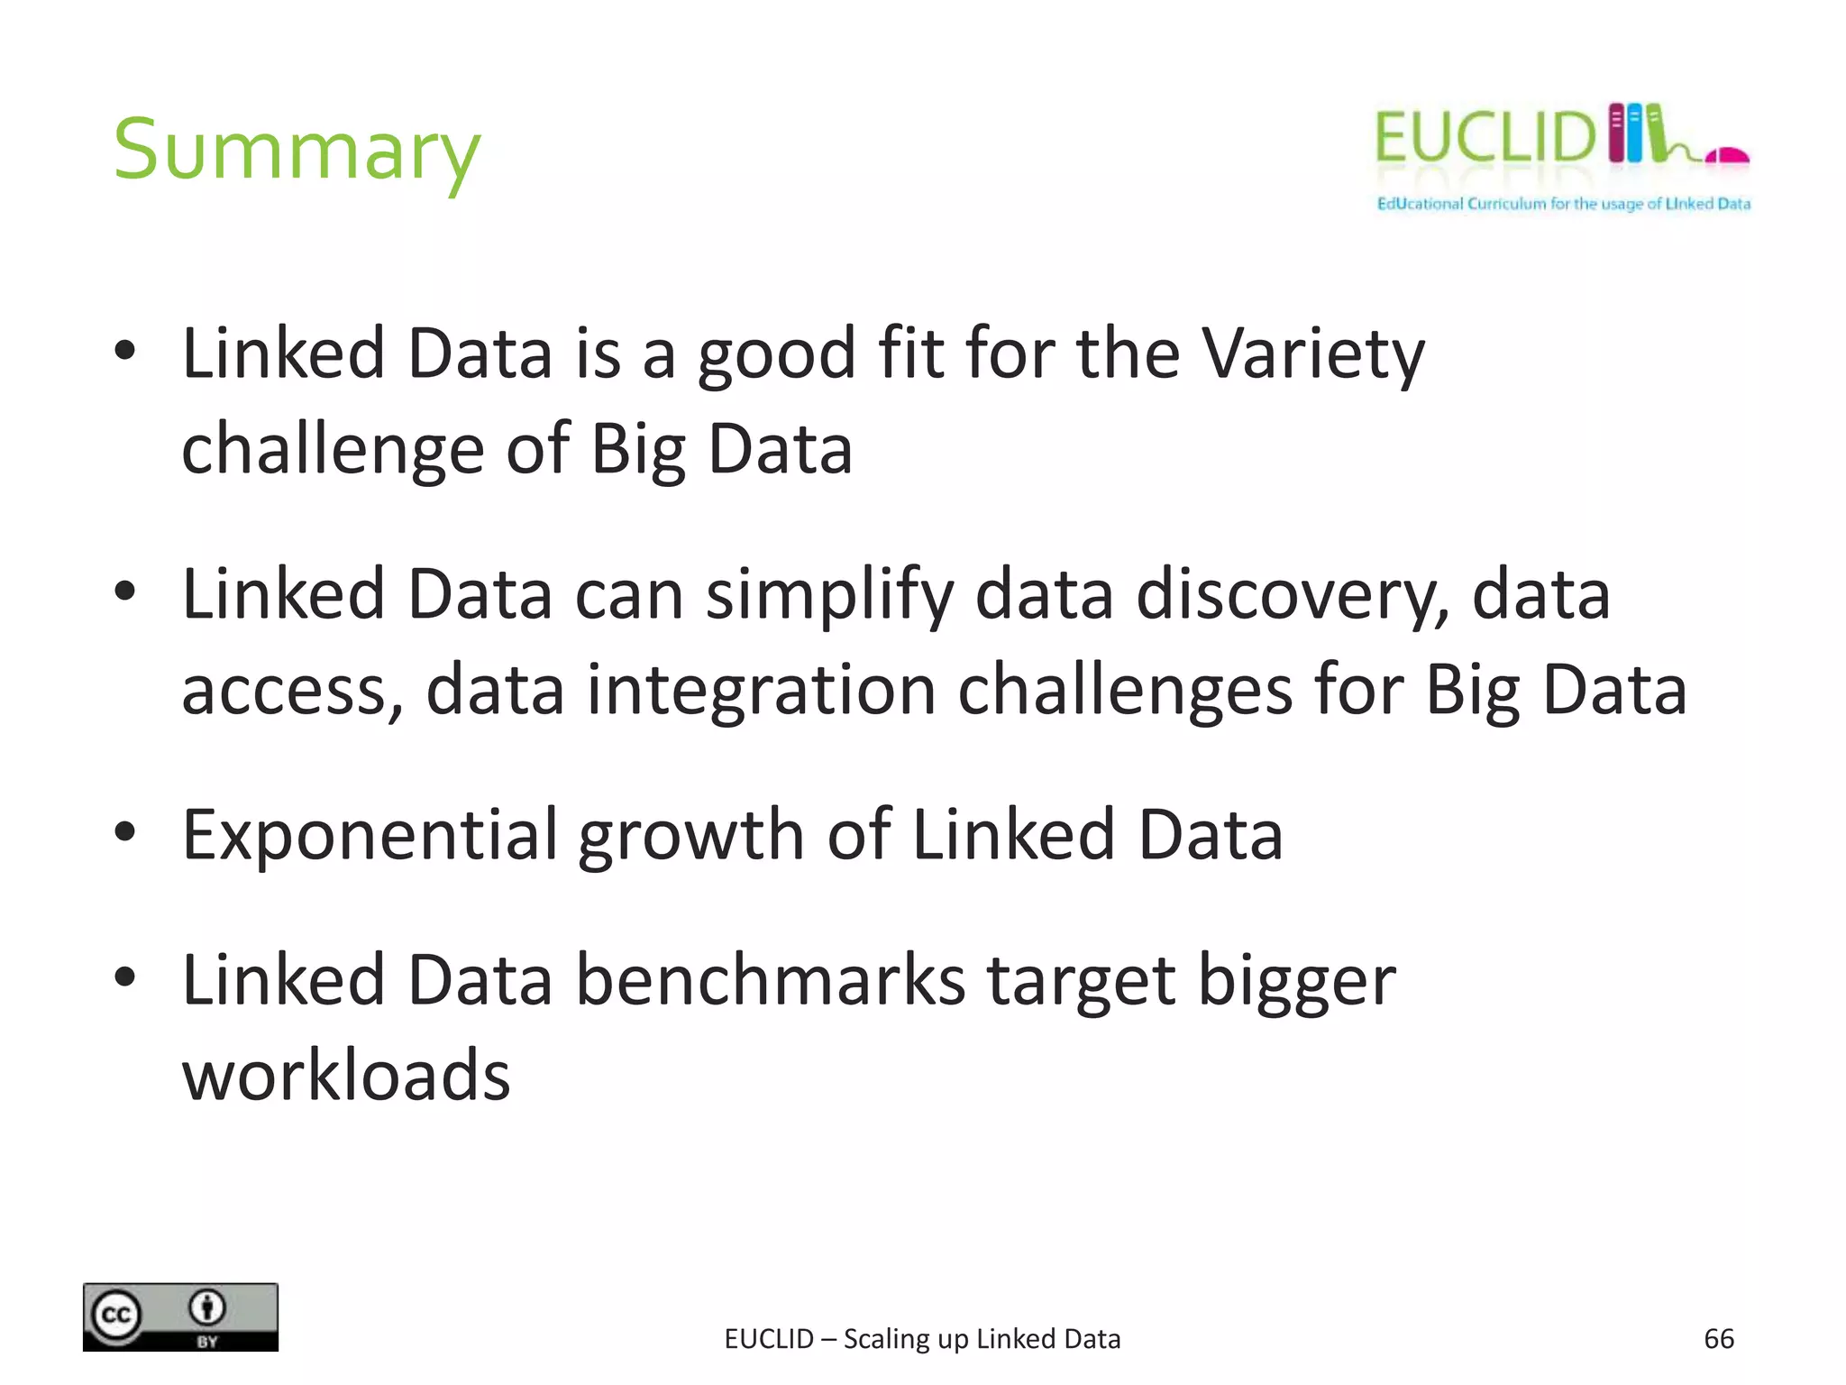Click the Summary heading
(297, 151)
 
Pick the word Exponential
(370, 835)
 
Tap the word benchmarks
(771, 981)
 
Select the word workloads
(346, 1076)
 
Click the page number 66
(1718, 1339)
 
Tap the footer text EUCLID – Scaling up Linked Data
(922, 1339)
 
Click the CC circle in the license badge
(116, 1316)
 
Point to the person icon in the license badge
(207, 1307)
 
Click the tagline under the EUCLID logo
(1563, 204)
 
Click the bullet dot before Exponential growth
(125, 831)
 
